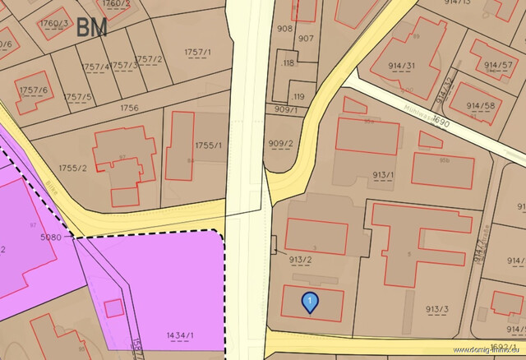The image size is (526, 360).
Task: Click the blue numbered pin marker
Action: coord(309,302)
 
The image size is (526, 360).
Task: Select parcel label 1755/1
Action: coord(208,145)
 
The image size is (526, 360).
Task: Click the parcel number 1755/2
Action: coord(72,168)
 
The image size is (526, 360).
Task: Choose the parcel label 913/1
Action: coord(383,175)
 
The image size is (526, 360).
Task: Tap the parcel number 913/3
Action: coord(437,309)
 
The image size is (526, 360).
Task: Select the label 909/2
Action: coord(280,144)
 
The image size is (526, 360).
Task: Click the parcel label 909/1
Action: coord(286,109)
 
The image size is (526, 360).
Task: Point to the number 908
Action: coord(284,29)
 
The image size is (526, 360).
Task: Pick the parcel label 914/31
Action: coord(400,67)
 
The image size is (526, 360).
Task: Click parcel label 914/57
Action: coord(498,65)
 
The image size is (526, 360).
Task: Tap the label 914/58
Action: coord(481,106)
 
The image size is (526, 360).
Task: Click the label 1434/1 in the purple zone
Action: coord(179,335)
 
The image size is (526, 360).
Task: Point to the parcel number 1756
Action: coord(129,108)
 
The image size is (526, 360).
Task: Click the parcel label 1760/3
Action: coord(54,24)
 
